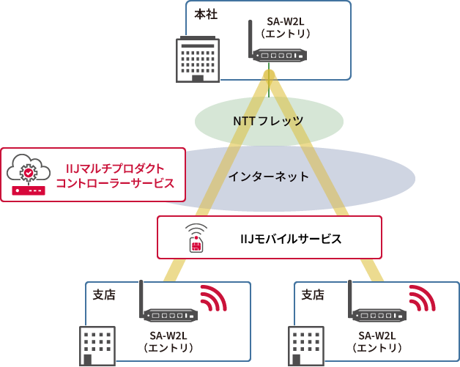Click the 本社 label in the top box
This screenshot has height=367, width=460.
coord(206,15)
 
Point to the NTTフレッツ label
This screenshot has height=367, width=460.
coord(268,121)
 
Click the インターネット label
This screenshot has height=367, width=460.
coord(268,177)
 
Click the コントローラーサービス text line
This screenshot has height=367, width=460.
coord(115,183)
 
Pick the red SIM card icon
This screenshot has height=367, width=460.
coord(196,245)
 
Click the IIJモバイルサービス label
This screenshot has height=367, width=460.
coord(291,238)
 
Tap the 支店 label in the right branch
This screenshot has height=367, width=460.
coord(313,294)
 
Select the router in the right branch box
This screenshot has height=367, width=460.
coord(378,315)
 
